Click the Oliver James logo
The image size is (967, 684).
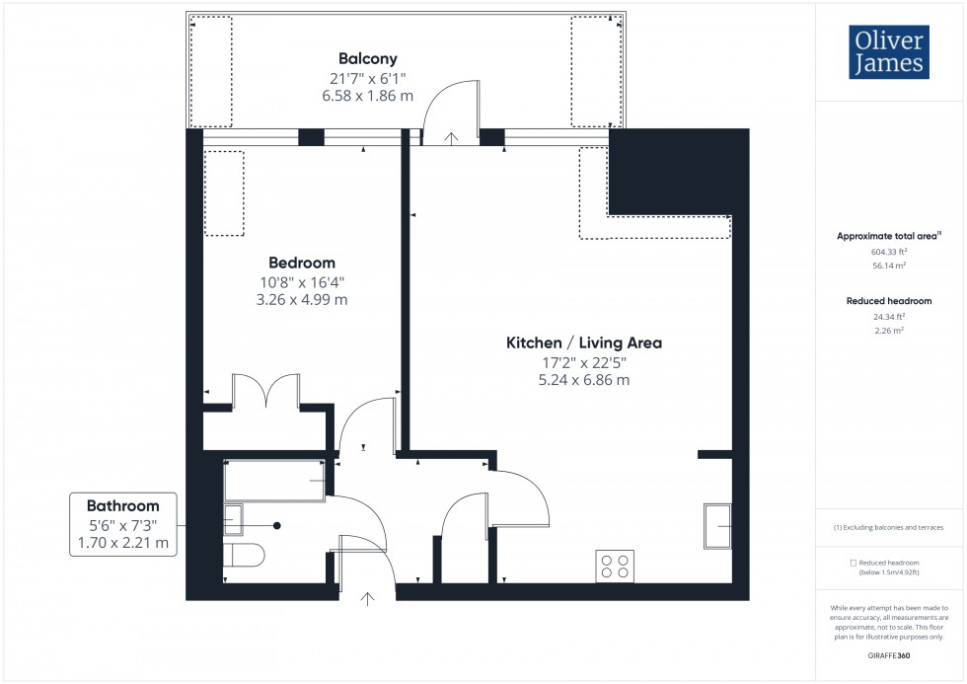pyautogui.click(x=888, y=53)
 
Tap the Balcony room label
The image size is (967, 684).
pyautogui.click(x=368, y=58)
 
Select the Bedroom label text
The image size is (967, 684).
pyautogui.click(x=302, y=263)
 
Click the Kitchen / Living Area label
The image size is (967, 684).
pyautogui.click(x=583, y=342)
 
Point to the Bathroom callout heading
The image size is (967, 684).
pyautogui.click(x=122, y=504)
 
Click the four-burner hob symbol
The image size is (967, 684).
pyautogui.click(x=615, y=566)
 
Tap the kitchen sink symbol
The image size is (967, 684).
pyautogui.click(x=717, y=525)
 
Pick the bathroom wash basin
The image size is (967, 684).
pyautogui.click(x=234, y=519)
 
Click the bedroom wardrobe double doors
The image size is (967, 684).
pyautogui.click(x=265, y=390)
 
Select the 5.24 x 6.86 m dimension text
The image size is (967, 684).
pyautogui.click(x=583, y=379)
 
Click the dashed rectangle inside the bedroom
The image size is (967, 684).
pyautogui.click(x=224, y=192)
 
